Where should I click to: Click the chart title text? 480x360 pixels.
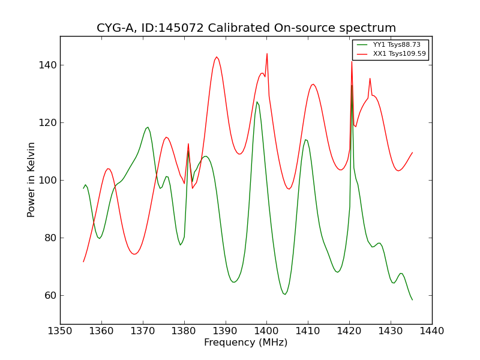[x=246, y=28]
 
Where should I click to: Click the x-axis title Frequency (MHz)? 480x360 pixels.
[x=246, y=343]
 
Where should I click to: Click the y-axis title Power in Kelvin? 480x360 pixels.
[x=31, y=179]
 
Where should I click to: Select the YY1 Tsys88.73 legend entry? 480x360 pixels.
[x=396, y=44]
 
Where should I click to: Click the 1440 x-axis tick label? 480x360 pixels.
[x=432, y=331]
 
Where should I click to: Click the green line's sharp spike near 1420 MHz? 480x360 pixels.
[x=352, y=85]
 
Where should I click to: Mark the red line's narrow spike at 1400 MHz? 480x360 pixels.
[x=267, y=53]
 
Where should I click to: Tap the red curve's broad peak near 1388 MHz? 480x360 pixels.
[x=217, y=57]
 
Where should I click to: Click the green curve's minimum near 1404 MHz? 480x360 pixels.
[x=285, y=294]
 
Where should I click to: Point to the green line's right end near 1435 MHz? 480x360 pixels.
[x=412, y=299]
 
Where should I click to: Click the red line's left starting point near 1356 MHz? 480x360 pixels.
[x=83, y=261]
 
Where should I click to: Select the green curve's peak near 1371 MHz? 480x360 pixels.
[x=147, y=127]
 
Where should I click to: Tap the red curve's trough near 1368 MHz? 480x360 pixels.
[x=134, y=254]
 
